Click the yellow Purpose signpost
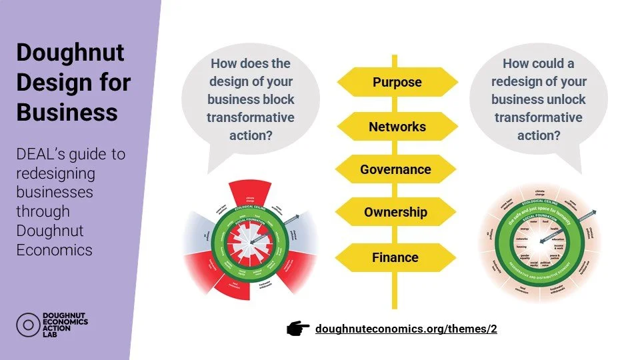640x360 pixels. click(397, 82)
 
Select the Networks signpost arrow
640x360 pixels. click(397, 126)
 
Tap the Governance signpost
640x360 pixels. click(396, 169)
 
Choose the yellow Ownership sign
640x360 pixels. click(396, 213)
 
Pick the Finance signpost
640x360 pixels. click(396, 257)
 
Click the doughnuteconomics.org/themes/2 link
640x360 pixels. click(406, 329)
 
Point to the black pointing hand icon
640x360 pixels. click(298, 328)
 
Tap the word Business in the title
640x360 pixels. click(67, 111)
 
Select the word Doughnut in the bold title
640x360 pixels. click(61, 53)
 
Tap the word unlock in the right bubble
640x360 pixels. click(565, 99)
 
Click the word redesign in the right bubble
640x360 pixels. click(529, 81)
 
